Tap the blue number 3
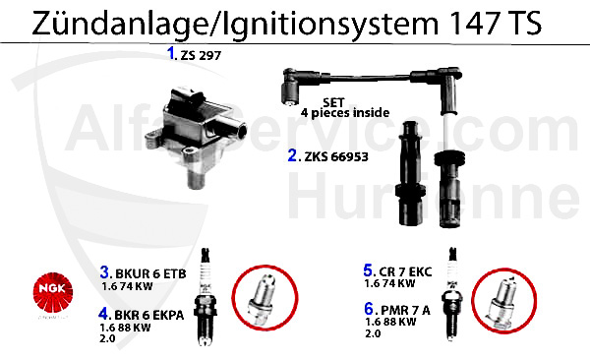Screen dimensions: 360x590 (x=104, y=271)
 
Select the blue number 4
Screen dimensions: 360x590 (x=104, y=315)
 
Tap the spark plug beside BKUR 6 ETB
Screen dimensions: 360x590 (x=206, y=294)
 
